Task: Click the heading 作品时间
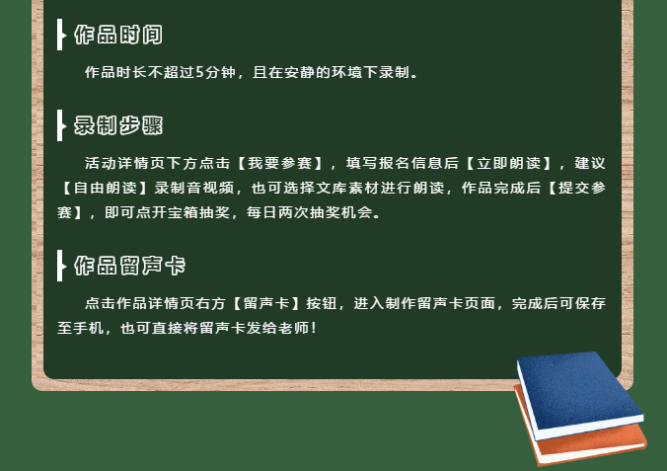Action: pyautogui.click(x=118, y=35)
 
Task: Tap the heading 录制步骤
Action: pyautogui.click(x=118, y=125)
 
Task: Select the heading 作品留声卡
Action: pyautogui.click(x=129, y=266)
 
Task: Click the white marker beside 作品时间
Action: pyautogui.click(x=61, y=35)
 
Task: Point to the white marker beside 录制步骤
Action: pyautogui.click(x=61, y=125)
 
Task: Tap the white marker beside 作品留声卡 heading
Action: pyautogui.click(x=61, y=266)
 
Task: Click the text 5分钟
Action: pyautogui.click(x=216, y=72)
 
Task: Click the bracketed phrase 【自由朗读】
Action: pyautogui.click(x=105, y=188)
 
